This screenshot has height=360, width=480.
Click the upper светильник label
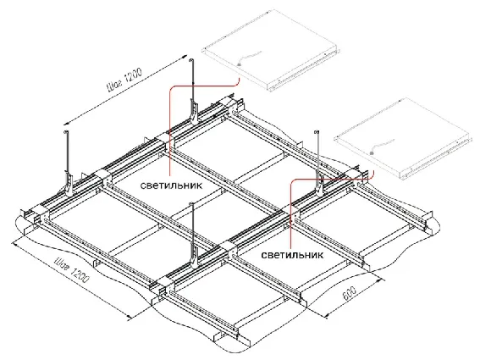[x=171, y=186]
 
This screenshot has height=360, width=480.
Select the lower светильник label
[x=292, y=255]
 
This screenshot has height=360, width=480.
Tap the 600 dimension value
[x=349, y=294]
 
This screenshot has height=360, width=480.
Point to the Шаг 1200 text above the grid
[x=124, y=80]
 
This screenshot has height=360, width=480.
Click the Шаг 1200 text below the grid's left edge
[x=72, y=269]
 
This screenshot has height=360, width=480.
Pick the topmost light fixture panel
[x=271, y=50]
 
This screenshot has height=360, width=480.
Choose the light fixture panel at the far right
[x=401, y=139]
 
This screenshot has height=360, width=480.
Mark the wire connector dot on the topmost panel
[x=239, y=64]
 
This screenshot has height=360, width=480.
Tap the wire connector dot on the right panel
[x=372, y=152]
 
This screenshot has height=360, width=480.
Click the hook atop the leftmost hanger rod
[x=65, y=132]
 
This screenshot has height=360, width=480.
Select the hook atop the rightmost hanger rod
[x=317, y=132]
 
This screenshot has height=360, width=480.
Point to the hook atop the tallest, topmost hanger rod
[x=191, y=60]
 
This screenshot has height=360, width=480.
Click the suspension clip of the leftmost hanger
[x=69, y=184]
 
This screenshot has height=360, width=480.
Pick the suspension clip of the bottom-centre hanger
[x=195, y=256]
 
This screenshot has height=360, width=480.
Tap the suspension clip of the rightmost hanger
[x=320, y=184]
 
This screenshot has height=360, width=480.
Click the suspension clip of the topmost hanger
[x=194, y=111]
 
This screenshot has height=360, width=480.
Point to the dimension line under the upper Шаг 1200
[x=125, y=90]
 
